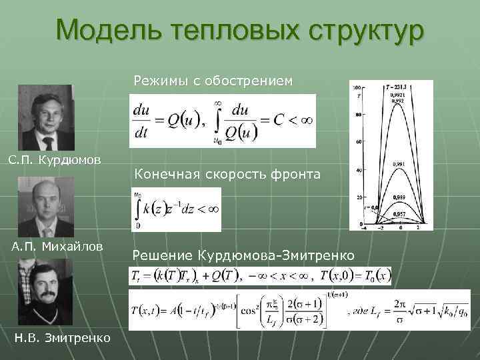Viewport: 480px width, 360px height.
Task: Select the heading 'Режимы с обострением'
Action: pos(213,81)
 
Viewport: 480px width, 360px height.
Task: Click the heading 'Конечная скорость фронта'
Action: pos(227,174)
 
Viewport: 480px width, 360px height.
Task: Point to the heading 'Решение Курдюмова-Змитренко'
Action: pos(243,255)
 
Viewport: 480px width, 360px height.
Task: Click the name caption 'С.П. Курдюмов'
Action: pos(55,160)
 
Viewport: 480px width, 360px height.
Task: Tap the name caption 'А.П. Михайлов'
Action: pos(57,247)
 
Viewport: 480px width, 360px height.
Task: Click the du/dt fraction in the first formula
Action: pos(141,121)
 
